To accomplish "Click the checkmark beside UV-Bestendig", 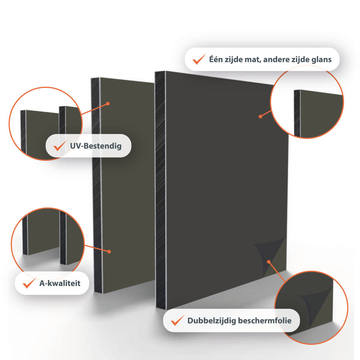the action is coord(60,146).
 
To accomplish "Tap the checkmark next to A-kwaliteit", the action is coord(29,283).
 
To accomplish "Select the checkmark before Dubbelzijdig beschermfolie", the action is coord(178,320).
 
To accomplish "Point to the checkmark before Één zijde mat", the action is coord(199,59).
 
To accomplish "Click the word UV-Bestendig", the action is coord(96,146).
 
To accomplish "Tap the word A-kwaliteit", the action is coord(60,283).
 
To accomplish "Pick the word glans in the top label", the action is coord(322,60).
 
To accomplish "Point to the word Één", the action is coord(216,59).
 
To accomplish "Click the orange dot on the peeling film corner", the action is coord(269,262).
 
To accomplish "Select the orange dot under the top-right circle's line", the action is coord(260,116).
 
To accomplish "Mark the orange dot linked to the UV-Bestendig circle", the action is coord(108,104).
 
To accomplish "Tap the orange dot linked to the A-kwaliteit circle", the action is coord(109,252).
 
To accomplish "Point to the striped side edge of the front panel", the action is coord(161,190).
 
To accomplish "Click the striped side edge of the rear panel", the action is coord(97,186).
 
